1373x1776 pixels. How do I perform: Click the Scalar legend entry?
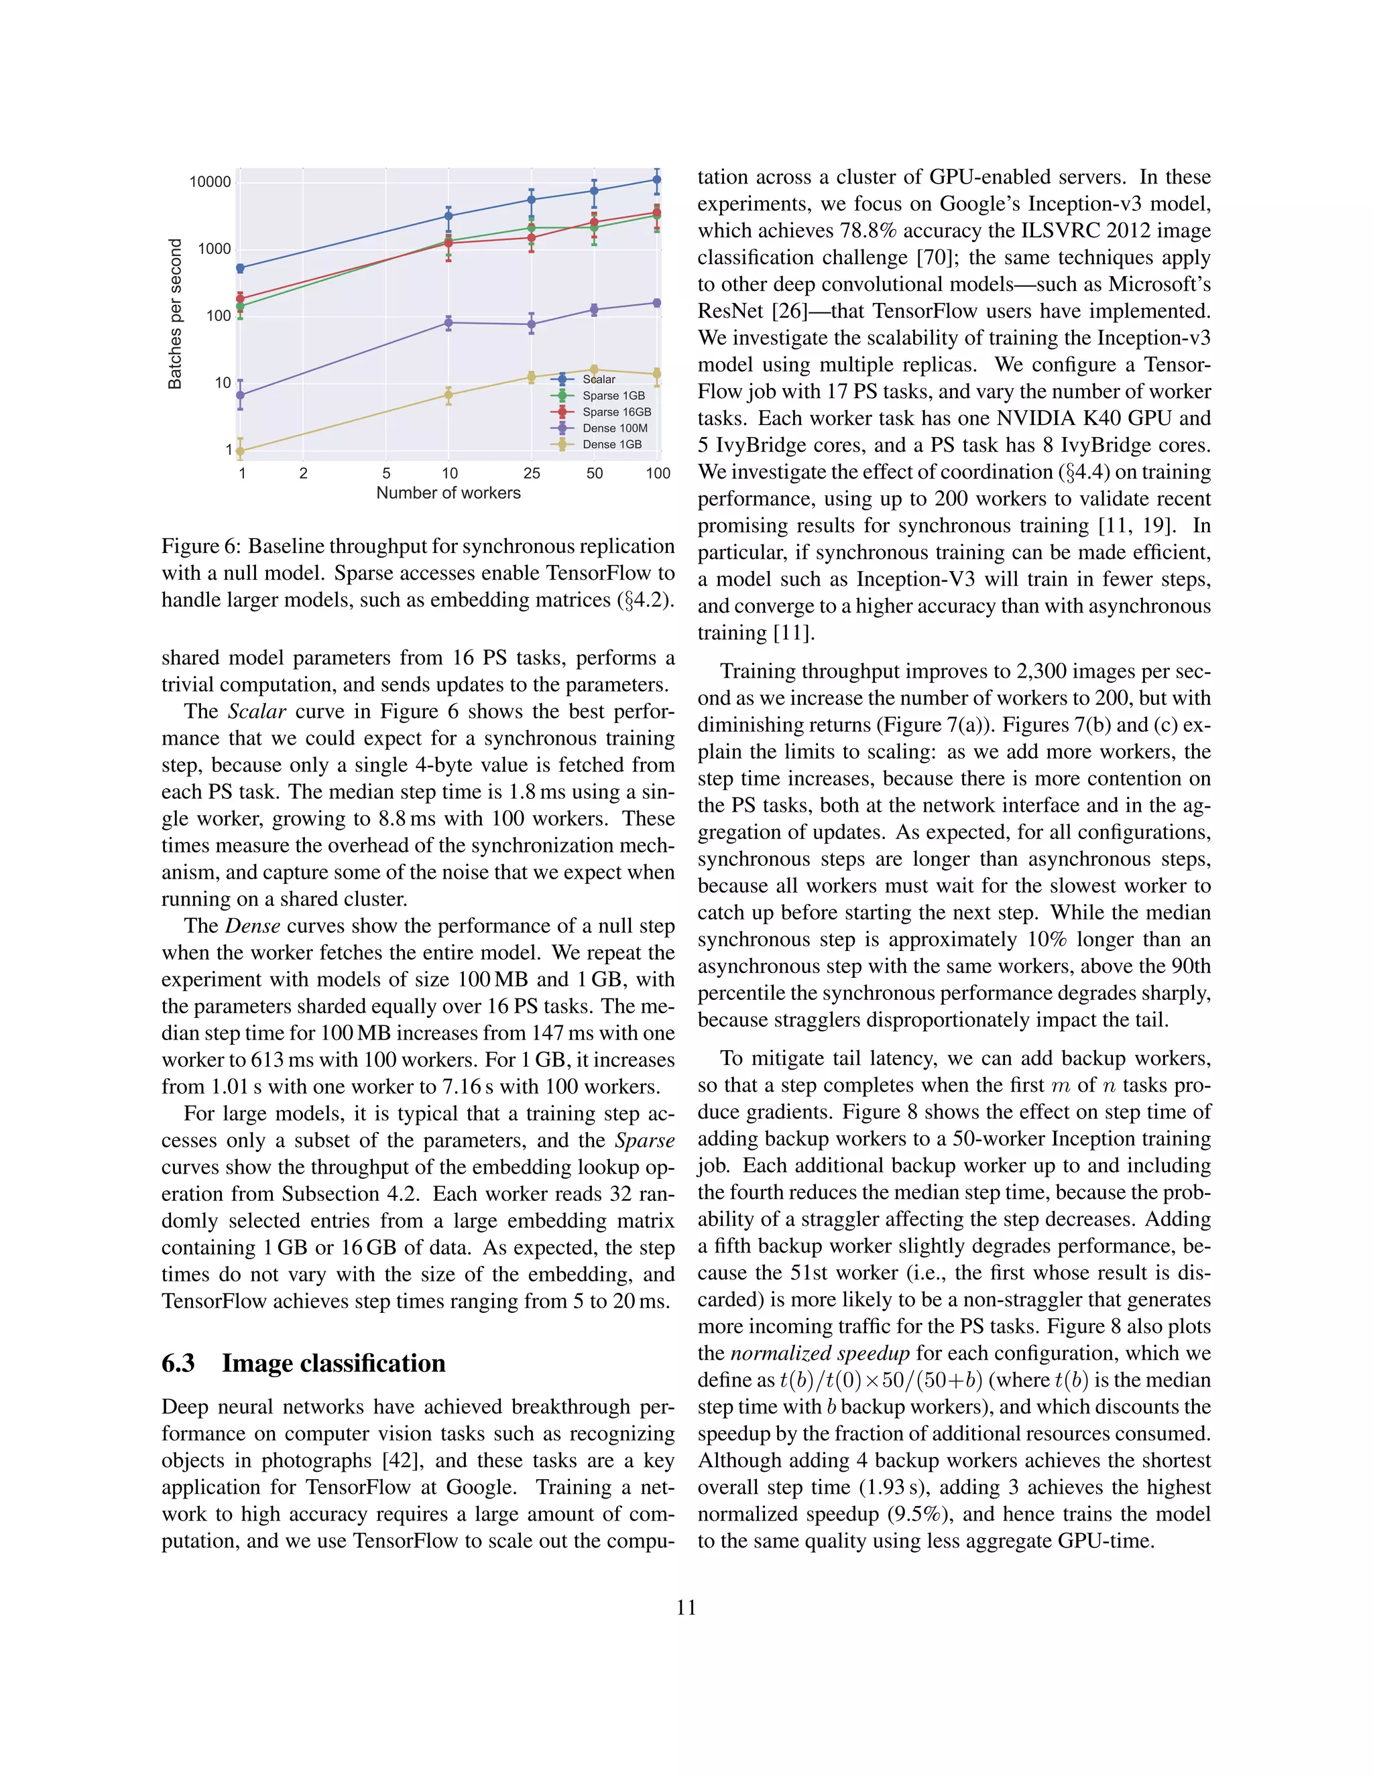point(599,379)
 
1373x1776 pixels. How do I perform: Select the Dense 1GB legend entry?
point(611,444)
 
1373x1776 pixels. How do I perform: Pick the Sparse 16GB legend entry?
point(615,411)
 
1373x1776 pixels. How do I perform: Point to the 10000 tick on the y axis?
point(210,182)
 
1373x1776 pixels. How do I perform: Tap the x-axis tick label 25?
point(531,473)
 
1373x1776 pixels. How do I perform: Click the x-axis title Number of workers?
point(449,493)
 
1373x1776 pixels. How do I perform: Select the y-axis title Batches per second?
point(175,313)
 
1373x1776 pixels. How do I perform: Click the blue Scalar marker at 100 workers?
point(657,180)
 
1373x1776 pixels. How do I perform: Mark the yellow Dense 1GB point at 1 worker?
point(240,450)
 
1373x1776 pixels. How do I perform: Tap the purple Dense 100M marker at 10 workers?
point(449,323)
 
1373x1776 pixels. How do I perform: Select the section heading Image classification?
point(333,1363)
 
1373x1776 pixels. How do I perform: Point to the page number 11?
point(686,1608)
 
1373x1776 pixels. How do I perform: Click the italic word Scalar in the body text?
point(256,712)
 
